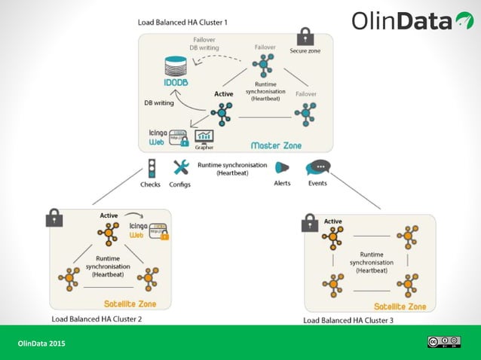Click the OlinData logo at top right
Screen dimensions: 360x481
tap(411, 20)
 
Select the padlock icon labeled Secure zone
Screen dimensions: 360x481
tap(305, 37)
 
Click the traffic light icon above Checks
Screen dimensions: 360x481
tap(151, 168)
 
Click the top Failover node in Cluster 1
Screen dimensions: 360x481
tap(264, 66)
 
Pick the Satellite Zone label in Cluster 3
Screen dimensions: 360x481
tap(400, 306)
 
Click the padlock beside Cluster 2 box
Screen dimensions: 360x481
tap(54, 218)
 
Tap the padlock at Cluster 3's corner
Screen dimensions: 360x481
tap(309, 223)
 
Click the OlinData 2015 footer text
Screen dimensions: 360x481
tap(41, 343)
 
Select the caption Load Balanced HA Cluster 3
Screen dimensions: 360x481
tap(349, 320)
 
